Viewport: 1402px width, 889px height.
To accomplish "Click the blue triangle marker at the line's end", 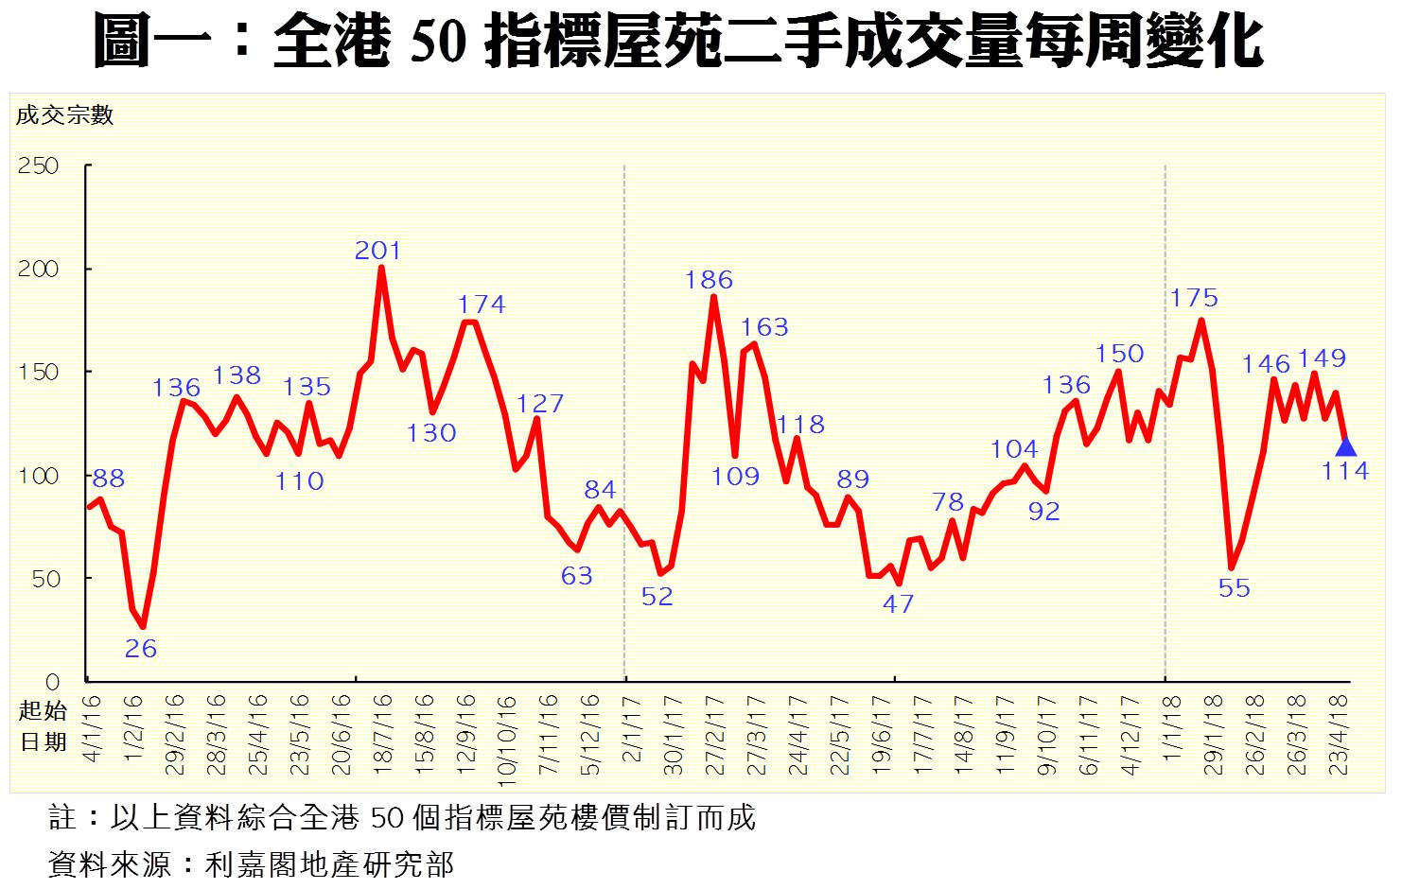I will point(1345,447).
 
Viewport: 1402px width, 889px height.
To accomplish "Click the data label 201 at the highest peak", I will point(377,251).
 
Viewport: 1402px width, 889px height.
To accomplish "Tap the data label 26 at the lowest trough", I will point(141,649).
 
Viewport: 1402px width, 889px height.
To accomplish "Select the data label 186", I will point(709,280).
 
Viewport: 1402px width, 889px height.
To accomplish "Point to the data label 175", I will point(1194,298).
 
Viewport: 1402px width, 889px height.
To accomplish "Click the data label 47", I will point(898,603).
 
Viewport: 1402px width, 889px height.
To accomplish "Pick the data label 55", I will point(1234,588).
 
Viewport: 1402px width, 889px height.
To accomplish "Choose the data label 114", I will point(1345,471).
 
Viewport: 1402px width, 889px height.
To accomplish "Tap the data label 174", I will point(482,305).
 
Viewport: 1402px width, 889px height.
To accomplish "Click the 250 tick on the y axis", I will point(39,166).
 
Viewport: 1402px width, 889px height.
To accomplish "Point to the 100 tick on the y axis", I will point(39,476).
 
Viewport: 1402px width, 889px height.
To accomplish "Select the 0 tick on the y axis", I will point(52,682).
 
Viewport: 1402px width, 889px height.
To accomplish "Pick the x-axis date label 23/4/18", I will point(1340,735).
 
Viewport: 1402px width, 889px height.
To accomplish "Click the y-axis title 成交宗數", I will point(65,115).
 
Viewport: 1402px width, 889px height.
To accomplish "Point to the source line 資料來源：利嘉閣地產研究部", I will point(251,863).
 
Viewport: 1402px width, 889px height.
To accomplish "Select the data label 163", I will point(763,327).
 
